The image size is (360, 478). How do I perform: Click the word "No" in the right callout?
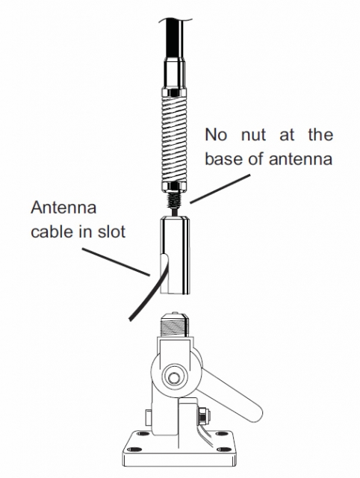tap(216, 134)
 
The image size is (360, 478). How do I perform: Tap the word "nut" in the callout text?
tap(254, 135)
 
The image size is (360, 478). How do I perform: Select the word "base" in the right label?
tap(223, 158)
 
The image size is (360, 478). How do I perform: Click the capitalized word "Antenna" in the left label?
tap(63, 208)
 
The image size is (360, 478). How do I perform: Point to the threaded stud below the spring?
tap(173, 201)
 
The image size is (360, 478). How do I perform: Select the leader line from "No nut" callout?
tap(220, 189)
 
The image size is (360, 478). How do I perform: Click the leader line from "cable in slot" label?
tap(116, 262)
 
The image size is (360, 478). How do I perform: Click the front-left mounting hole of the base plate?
tap(133, 450)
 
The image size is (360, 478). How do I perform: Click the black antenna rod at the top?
tap(175, 37)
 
